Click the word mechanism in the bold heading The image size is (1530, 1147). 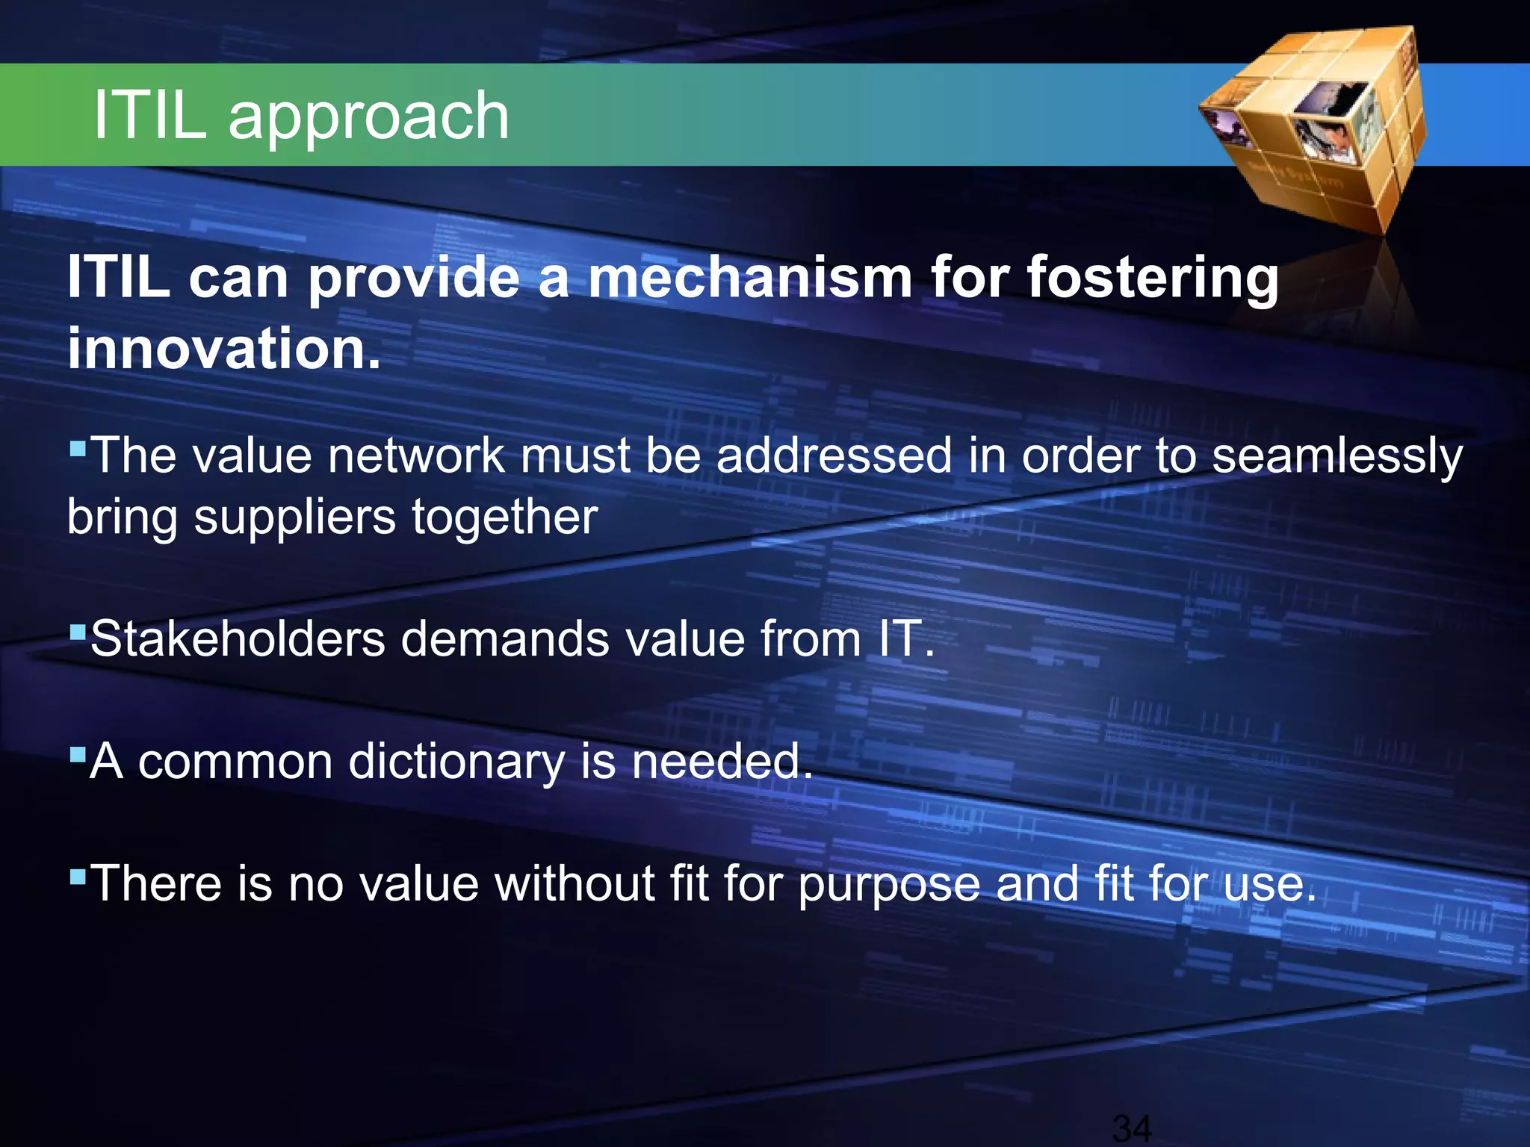[750, 278]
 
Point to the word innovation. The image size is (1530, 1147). [223, 349]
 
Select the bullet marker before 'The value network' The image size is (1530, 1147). [78, 450]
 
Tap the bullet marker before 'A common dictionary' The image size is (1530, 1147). [78, 755]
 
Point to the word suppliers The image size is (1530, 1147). [294, 518]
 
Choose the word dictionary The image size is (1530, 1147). [456, 762]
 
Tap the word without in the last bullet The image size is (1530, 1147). [574, 883]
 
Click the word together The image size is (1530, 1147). [505, 518]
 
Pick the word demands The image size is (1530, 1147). [505, 639]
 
